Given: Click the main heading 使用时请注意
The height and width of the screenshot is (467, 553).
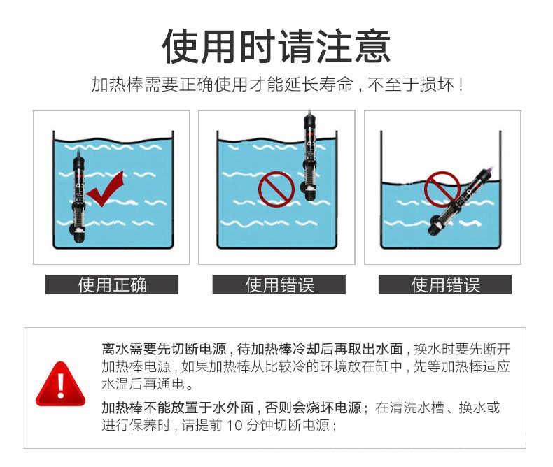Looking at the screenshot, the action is click(x=276, y=46).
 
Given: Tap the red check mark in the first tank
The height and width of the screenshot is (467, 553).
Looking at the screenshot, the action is click(x=106, y=189).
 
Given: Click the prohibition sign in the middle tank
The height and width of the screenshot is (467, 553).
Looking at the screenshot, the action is click(x=276, y=189).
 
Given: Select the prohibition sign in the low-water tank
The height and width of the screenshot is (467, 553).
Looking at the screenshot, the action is click(x=442, y=189).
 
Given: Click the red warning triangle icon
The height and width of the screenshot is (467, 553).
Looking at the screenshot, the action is click(x=61, y=384).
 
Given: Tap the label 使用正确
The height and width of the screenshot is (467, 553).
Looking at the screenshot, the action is click(x=112, y=285).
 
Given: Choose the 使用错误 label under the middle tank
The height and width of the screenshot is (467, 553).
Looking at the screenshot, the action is click(x=280, y=285).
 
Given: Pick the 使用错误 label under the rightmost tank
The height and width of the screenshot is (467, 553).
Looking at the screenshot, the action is click(x=445, y=285).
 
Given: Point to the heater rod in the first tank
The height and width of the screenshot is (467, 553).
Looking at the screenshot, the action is click(x=78, y=197).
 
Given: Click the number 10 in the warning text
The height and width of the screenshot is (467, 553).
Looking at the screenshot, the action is click(x=234, y=425).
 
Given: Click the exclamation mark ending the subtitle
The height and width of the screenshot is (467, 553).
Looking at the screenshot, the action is click(x=462, y=85).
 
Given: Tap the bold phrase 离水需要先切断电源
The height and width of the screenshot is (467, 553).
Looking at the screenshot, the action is click(x=164, y=349).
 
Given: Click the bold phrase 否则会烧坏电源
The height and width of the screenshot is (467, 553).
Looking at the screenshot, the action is click(x=313, y=408).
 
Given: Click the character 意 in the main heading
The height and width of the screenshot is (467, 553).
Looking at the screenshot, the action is click(x=372, y=46).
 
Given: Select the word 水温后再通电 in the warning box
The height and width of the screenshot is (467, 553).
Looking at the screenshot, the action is click(x=143, y=384).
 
